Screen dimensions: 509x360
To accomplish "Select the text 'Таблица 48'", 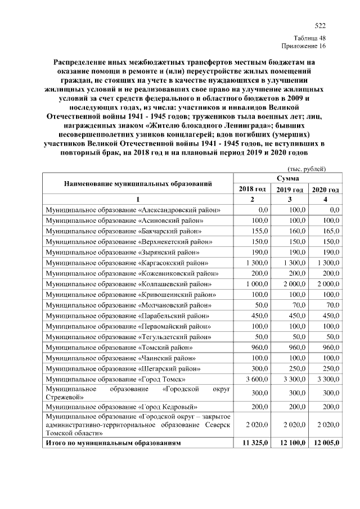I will pyautogui.click(x=309, y=38).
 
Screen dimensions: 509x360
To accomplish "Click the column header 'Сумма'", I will pyautogui.click(x=287, y=178).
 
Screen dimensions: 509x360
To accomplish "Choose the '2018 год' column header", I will pyautogui.click(x=253, y=189).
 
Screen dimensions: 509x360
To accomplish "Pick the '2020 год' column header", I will pyautogui.click(x=325, y=189).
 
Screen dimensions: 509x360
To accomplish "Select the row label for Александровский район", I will pyautogui.click(x=133, y=210).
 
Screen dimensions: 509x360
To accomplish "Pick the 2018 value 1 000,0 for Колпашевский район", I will pyautogui.click(x=256, y=283).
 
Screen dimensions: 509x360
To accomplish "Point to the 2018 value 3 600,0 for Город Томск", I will pyautogui.click(x=256, y=380).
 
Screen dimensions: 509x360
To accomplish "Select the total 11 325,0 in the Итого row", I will pyautogui.click(x=254, y=443).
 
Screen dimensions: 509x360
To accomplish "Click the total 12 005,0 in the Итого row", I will pyautogui.click(x=326, y=443).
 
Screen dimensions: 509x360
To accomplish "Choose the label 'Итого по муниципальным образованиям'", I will pyautogui.click(x=114, y=443).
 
